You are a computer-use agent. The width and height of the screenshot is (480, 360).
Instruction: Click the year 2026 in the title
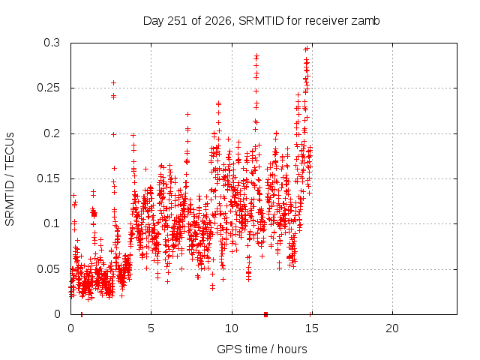click(x=218, y=21)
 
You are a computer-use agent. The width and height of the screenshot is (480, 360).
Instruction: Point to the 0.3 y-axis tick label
click(x=52, y=43)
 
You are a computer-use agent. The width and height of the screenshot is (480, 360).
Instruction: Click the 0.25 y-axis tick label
click(x=48, y=88)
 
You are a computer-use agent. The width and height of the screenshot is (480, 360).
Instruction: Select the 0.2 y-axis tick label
click(x=52, y=133)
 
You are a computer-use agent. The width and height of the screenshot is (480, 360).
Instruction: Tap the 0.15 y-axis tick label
click(x=48, y=178)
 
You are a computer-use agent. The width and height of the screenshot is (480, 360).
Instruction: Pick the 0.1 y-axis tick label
click(x=52, y=223)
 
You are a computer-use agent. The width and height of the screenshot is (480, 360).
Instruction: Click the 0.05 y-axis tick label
click(x=48, y=269)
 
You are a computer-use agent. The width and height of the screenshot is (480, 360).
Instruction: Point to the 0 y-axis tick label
click(x=57, y=314)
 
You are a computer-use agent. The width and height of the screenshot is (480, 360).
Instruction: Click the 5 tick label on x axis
click(x=151, y=328)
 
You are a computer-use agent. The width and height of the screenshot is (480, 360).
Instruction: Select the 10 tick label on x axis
click(x=232, y=328)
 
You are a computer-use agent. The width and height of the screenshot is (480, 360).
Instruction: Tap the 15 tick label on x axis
click(x=312, y=328)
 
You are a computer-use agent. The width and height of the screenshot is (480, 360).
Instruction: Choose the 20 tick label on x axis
click(x=392, y=328)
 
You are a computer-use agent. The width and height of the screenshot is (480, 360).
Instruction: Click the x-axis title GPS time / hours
click(x=262, y=349)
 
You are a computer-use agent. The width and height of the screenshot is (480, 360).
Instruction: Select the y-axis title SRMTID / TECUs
click(x=10, y=179)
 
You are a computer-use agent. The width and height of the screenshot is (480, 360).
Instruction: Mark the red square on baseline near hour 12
click(x=265, y=314)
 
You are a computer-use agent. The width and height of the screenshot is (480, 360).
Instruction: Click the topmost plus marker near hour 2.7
click(x=113, y=82)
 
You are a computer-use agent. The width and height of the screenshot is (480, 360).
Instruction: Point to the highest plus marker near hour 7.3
click(x=187, y=114)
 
